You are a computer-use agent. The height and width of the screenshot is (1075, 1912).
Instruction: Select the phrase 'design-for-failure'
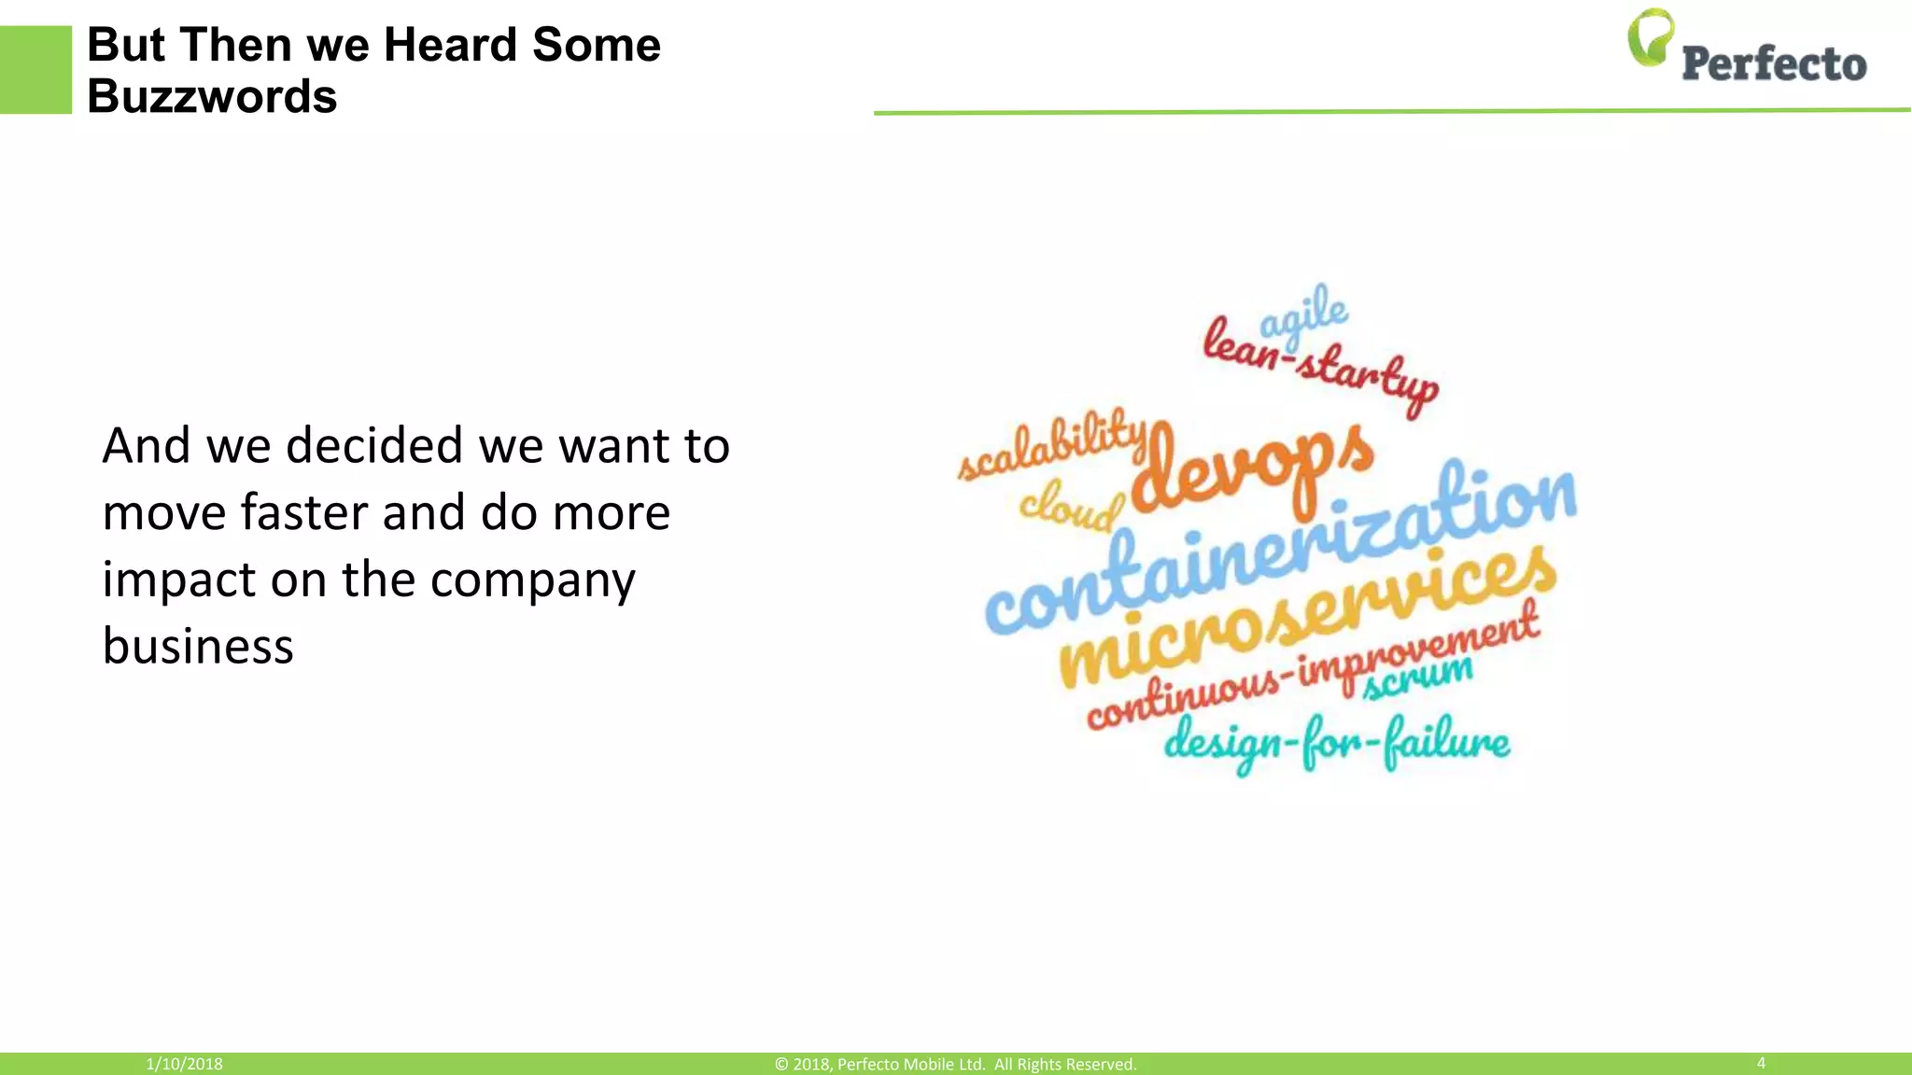click(x=1336, y=744)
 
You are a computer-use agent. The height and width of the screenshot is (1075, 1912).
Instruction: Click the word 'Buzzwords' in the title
click(x=212, y=96)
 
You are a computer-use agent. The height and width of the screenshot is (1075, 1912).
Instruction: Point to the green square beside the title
click(x=35, y=70)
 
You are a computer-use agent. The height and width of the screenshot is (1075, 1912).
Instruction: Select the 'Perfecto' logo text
click(x=1774, y=63)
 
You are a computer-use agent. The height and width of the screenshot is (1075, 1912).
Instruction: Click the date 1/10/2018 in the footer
click(x=184, y=1064)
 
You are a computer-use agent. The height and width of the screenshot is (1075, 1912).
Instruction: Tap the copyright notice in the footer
click(x=955, y=1064)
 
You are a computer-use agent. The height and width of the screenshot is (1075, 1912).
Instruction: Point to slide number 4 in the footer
click(x=1761, y=1063)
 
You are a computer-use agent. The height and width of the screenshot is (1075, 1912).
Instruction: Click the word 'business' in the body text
click(x=198, y=646)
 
